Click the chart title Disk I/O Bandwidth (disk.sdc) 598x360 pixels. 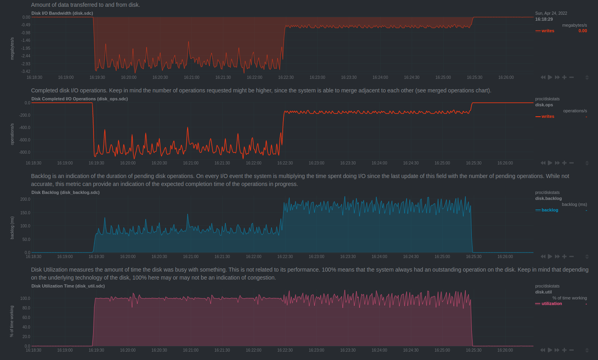pos(62,13)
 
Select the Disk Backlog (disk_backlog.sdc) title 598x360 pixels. pos(65,192)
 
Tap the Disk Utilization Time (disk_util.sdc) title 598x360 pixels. pos(68,286)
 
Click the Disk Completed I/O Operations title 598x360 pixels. pos(80,99)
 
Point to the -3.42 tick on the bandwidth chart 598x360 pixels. pos(26,71)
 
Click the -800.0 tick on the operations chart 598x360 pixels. pos(25,152)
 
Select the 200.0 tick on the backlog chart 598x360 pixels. pos(25,199)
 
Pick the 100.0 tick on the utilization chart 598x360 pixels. pos(25,298)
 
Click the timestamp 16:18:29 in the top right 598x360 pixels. pos(544,19)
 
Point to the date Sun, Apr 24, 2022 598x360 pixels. pos(551,13)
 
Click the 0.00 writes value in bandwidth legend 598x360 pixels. pos(582,31)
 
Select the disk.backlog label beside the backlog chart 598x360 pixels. pos(548,198)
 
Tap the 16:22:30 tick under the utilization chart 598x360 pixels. pos(285,350)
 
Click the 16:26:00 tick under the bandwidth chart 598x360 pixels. pos(506,77)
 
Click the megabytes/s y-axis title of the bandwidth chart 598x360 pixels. pos(12,49)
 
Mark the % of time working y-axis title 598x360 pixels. pos(12,321)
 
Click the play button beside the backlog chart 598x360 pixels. pos(550,256)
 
